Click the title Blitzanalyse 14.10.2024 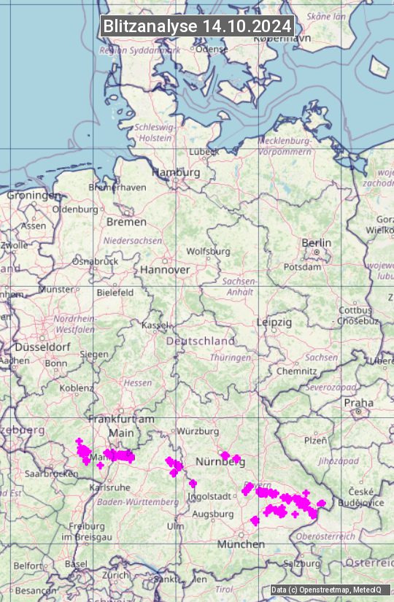(197, 26)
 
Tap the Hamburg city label (176, 173)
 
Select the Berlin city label (316, 243)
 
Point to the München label (241, 544)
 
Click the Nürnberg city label (219, 463)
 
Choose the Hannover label (165, 269)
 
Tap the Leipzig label (274, 322)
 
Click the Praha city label (358, 402)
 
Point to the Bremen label (126, 222)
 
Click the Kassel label (155, 325)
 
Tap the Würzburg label (198, 431)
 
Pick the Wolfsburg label (208, 251)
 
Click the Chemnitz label (296, 371)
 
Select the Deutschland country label (201, 341)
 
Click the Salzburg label (302, 564)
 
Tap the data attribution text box (326, 590)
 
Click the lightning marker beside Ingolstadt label (193, 483)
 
